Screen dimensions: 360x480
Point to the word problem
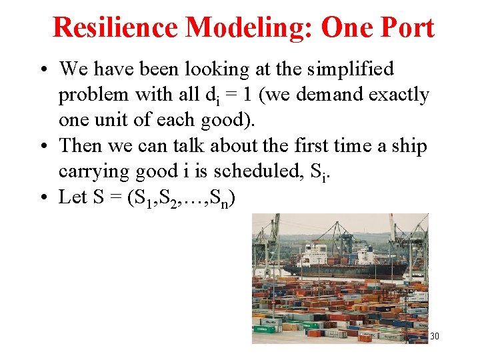click(93, 95)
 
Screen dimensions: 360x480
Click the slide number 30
click(434, 336)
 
